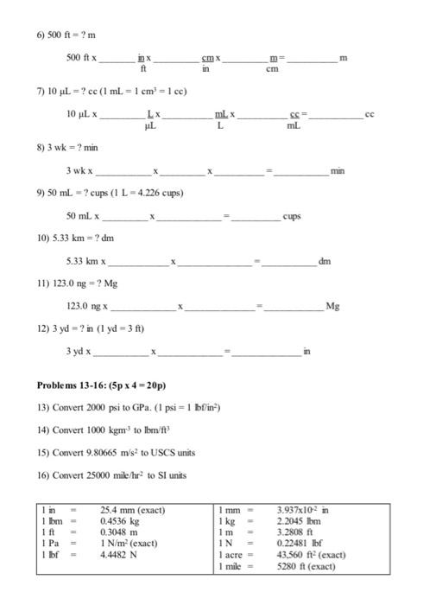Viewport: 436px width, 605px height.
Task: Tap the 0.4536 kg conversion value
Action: point(120,521)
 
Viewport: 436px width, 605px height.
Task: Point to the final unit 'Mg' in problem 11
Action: point(332,306)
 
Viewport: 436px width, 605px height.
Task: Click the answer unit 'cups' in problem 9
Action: point(292,215)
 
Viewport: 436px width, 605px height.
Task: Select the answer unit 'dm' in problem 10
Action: point(325,260)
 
